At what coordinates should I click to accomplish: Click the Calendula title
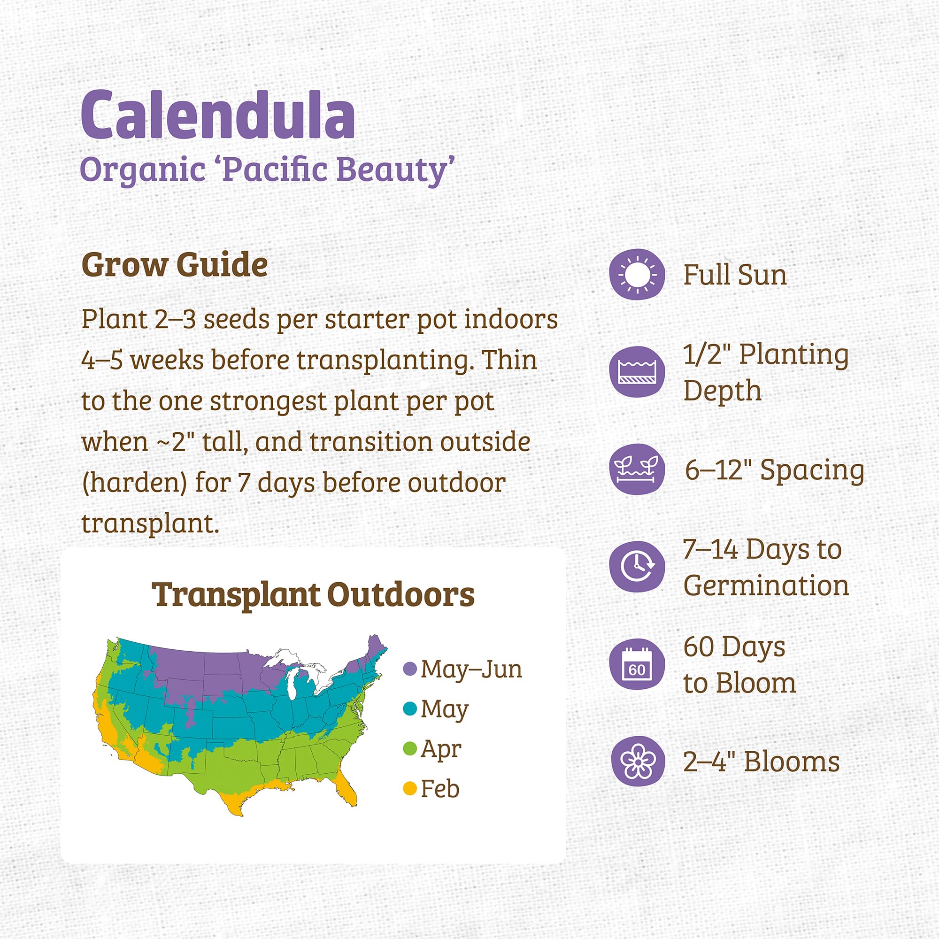(217, 115)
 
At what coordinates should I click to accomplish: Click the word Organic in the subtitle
(142, 170)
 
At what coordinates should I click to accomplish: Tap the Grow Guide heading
(174, 265)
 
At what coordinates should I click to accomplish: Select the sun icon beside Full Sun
(637, 275)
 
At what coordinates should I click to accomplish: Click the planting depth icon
(637, 372)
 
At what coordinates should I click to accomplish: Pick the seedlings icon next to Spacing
(637, 469)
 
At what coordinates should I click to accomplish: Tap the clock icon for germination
(637, 566)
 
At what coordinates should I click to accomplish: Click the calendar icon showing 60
(637, 664)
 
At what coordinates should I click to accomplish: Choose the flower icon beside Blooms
(637, 761)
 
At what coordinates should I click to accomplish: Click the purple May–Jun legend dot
(410, 669)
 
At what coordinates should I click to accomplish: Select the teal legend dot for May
(410, 709)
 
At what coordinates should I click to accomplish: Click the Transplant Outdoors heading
(313, 594)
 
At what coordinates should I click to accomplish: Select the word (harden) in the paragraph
(134, 484)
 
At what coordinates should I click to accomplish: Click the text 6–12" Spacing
(774, 470)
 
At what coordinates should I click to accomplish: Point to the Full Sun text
(735, 275)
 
